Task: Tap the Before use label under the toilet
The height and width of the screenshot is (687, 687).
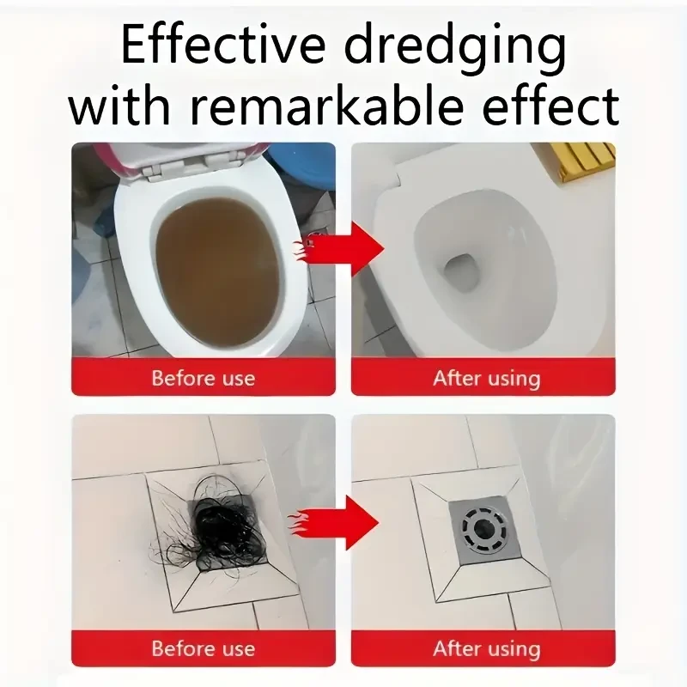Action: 203,377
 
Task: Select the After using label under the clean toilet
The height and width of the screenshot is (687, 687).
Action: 486,378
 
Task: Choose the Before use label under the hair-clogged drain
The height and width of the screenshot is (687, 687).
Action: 203,647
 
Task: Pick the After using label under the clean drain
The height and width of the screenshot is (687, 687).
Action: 486,647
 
